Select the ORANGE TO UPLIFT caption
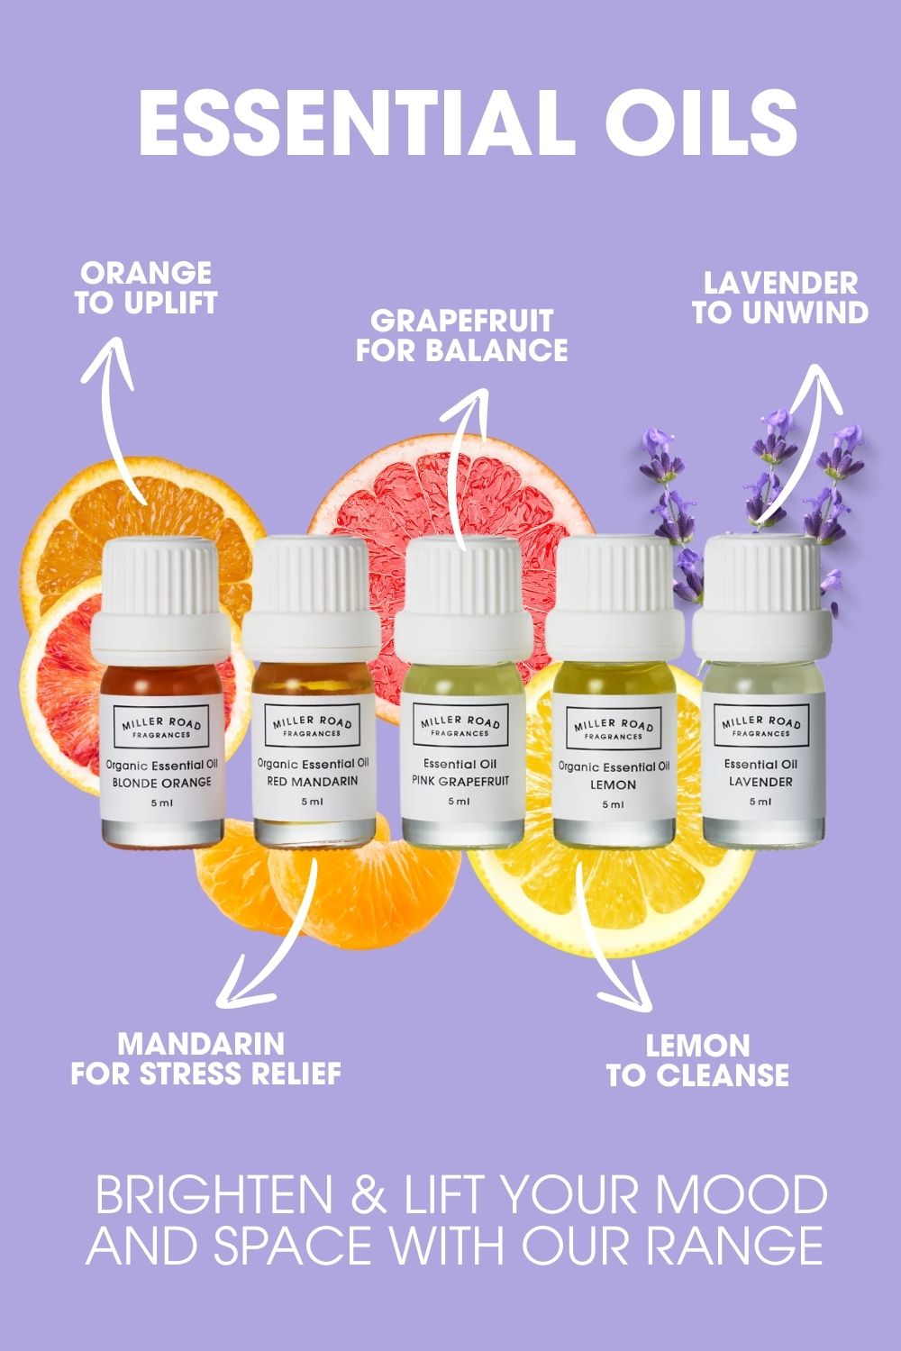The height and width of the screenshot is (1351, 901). coord(146,288)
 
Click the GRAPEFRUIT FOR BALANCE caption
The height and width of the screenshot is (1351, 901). coord(461,335)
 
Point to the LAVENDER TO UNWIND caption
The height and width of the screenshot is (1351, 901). coord(780,298)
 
